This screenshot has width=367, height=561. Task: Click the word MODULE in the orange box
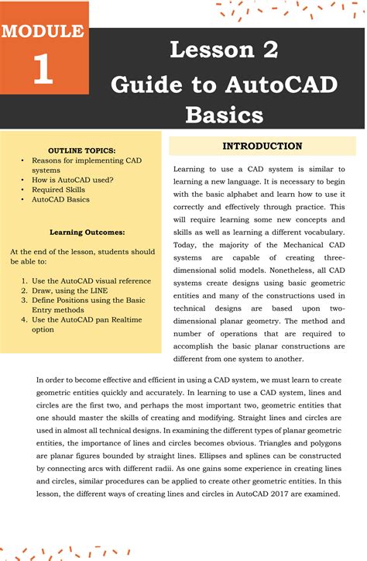coord(43,32)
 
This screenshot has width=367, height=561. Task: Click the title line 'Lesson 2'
coord(224,50)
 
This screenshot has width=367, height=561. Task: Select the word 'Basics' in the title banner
coord(224,115)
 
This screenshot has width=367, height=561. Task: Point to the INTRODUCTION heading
coord(262,146)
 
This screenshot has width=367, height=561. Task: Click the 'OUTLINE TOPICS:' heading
coord(82,149)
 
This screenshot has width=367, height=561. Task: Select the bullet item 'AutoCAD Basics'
coord(60,199)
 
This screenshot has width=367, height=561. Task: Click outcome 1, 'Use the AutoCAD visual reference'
coord(91,280)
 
